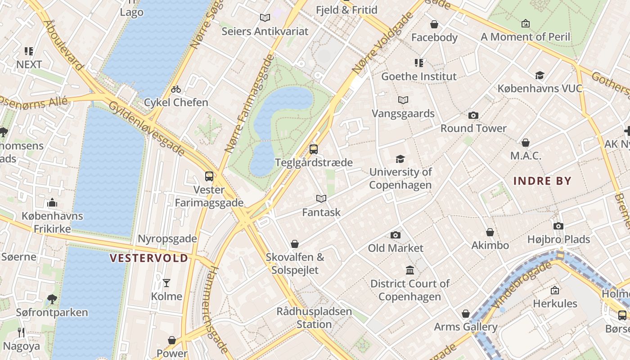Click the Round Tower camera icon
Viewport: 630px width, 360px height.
(473, 116)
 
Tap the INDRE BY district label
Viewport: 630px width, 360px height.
(542, 181)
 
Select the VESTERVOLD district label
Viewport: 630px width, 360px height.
(149, 258)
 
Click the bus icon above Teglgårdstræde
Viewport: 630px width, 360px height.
(314, 149)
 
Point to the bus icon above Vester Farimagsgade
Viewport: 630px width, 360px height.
(209, 176)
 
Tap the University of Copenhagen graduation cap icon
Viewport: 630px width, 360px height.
(400, 159)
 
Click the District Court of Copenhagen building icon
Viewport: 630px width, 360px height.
(410, 270)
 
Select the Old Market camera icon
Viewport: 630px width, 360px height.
(396, 235)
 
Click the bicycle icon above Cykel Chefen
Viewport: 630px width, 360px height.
(176, 89)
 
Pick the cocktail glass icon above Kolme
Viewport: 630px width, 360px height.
(166, 283)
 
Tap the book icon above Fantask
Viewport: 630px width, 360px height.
(321, 198)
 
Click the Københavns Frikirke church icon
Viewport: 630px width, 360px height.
(52, 202)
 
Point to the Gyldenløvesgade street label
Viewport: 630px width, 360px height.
(147, 129)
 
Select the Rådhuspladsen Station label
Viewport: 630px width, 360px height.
(314, 318)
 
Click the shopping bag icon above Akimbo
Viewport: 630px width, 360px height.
(490, 232)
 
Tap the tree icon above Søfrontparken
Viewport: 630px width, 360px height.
(52, 299)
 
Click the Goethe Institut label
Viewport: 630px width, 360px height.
(419, 76)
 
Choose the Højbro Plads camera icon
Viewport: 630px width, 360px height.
(558, 226)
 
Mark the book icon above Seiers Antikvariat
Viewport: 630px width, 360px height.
(265, 18)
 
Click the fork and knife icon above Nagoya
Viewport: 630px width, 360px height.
(21, 333)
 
